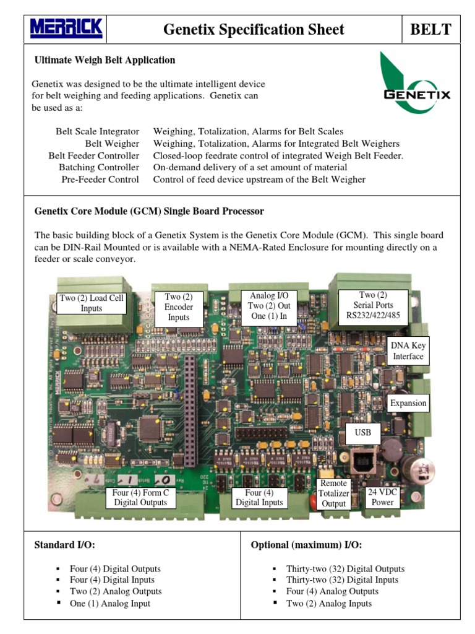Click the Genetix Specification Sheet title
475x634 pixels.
pyautogui.click(x=254, y=29)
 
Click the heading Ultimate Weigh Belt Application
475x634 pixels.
pyautogui.click(x=105, y=60)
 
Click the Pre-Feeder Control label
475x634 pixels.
pyautogui.click(x=100, y=180)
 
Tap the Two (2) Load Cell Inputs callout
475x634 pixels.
pyautogui.click(x=92, y=303)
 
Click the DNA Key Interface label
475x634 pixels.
pyautogui.click(x=408, y=350)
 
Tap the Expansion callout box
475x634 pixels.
pyautogui.click(x=408, y=403)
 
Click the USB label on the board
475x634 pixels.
pyautogui.click(x=363, y=432)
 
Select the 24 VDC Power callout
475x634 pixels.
pyautogui.click(x=381, y=497)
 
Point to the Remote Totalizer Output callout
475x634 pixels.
pyautogui.click(x=334, y=493)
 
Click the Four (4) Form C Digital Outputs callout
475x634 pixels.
pyautogui.click(x=140, y=497)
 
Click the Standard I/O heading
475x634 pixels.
pyautogui.click(x=65, y=545)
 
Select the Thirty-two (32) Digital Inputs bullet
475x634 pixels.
pyautogui.click(x=341, y=580)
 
